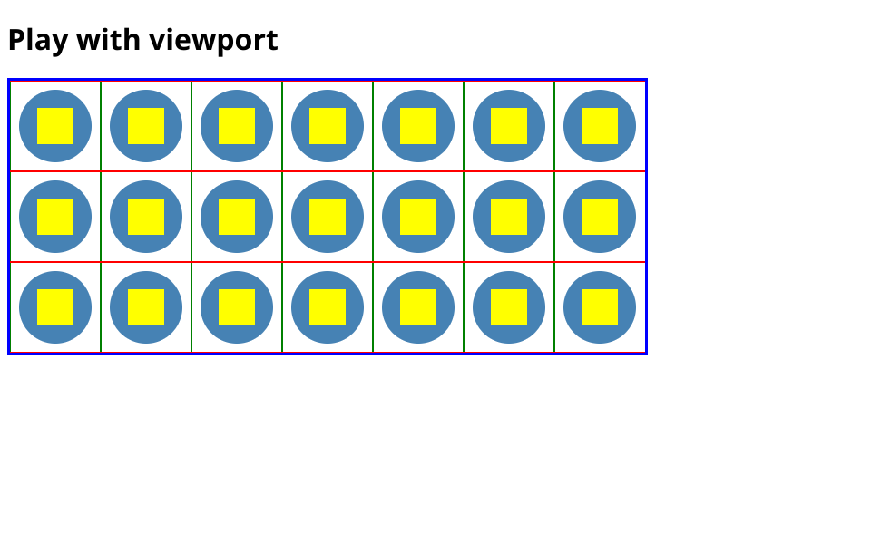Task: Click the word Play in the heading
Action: pyautogui.click(x=38, y=41)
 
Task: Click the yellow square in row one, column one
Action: pyautogui.click(x=55, y=126)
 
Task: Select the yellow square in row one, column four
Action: pyautogui.click(x=328, y=126)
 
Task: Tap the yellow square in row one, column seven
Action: pyautogui.click(x=600, y=126)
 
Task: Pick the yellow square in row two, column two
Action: pyautogui.click(x=146, y=217)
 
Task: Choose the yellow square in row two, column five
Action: pyautogui.click(x=418, y=217)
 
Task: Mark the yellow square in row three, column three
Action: pyautogui.click(x=237, y=307)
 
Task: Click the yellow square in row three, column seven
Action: pyautogui.click(x=600, y=307)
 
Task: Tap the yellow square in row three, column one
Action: pyautogui.click(x=55, y=307)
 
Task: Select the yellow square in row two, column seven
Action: pyautogui.click(x=600, y=217)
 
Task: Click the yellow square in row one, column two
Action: pyautogui.click(x=146, y=126)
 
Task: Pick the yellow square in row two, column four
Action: pyautogui.click(x=328, y=217)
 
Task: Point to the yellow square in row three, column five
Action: pyautogui.click(x=418, y=307)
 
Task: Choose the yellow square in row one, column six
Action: pyautogui.click(x=509, y=126)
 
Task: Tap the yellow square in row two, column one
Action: pyautogui.click(x=55, y=217)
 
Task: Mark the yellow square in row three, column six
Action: pyautogui.click(x=509, y=307)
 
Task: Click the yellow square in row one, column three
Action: pyautogui.click(x=237, y=126)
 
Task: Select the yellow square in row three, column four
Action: pyautogui.click(x=328, y=307)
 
